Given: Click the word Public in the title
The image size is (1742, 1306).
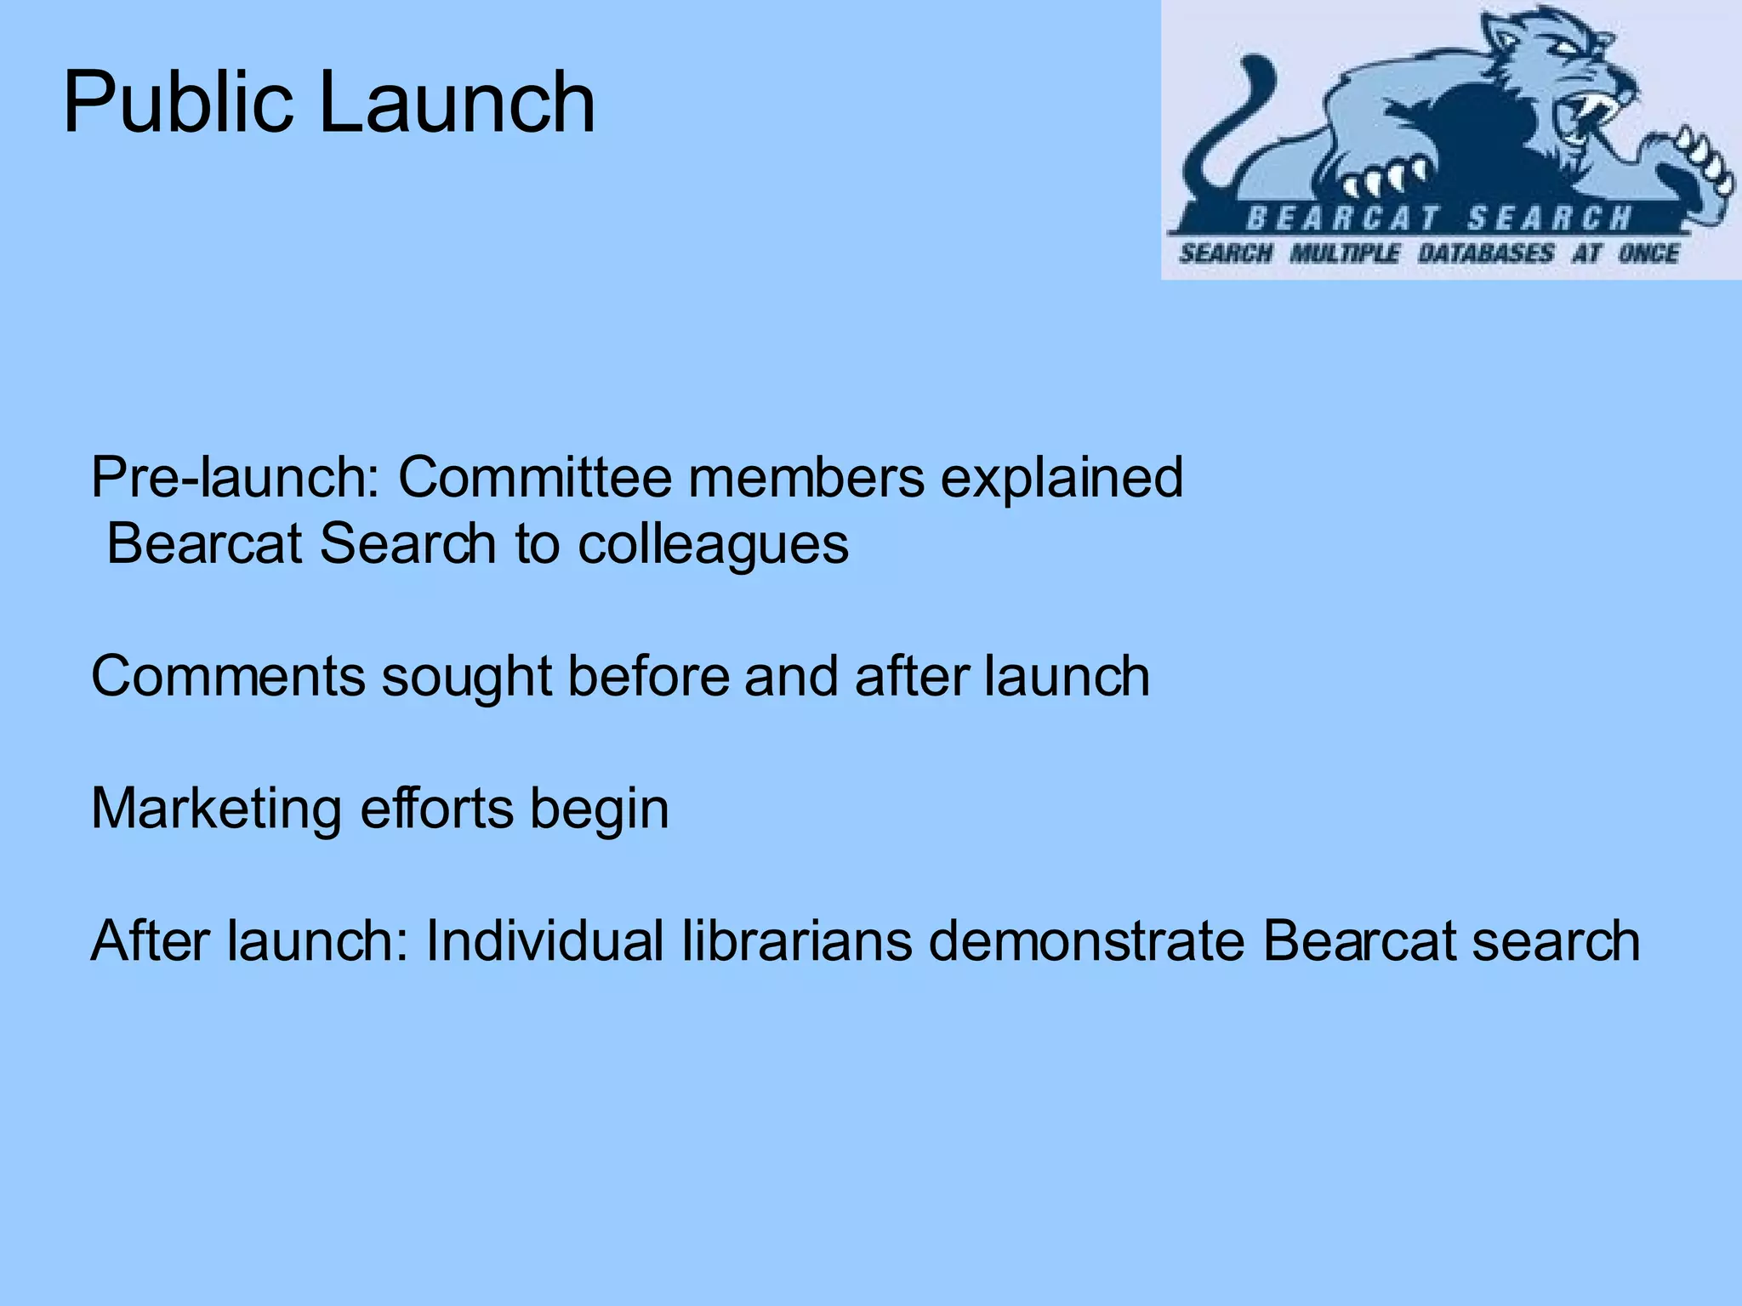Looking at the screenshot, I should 177,104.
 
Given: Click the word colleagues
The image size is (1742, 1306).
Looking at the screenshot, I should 713,544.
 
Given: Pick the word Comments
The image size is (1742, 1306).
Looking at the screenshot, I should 228,677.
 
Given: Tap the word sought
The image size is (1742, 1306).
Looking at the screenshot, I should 466,677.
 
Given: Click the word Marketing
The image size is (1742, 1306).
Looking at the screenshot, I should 216,809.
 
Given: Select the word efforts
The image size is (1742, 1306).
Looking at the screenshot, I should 436,809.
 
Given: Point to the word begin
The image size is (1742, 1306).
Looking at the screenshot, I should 600,810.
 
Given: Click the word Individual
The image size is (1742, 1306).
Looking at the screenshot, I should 545,941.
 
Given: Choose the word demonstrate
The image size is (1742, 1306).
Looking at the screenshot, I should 1086,941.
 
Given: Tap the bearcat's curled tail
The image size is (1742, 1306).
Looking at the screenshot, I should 1233,119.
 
